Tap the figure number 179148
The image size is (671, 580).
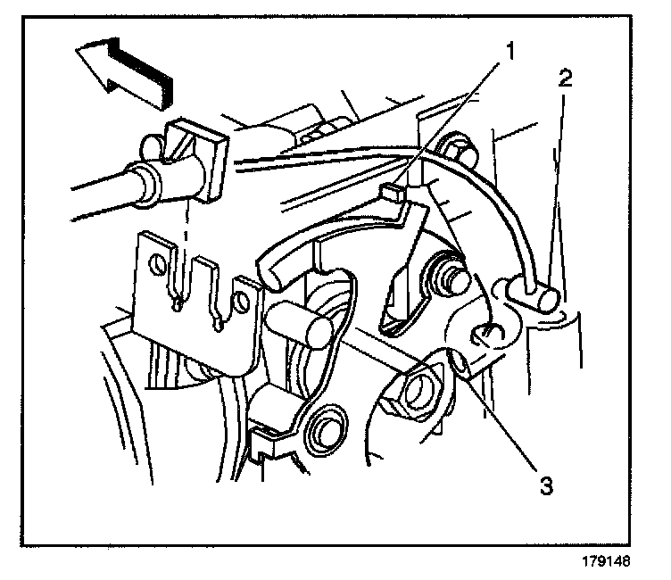[615, 563]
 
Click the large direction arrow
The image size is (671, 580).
[125, 70]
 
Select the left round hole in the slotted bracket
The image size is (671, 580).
[158, 264]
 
